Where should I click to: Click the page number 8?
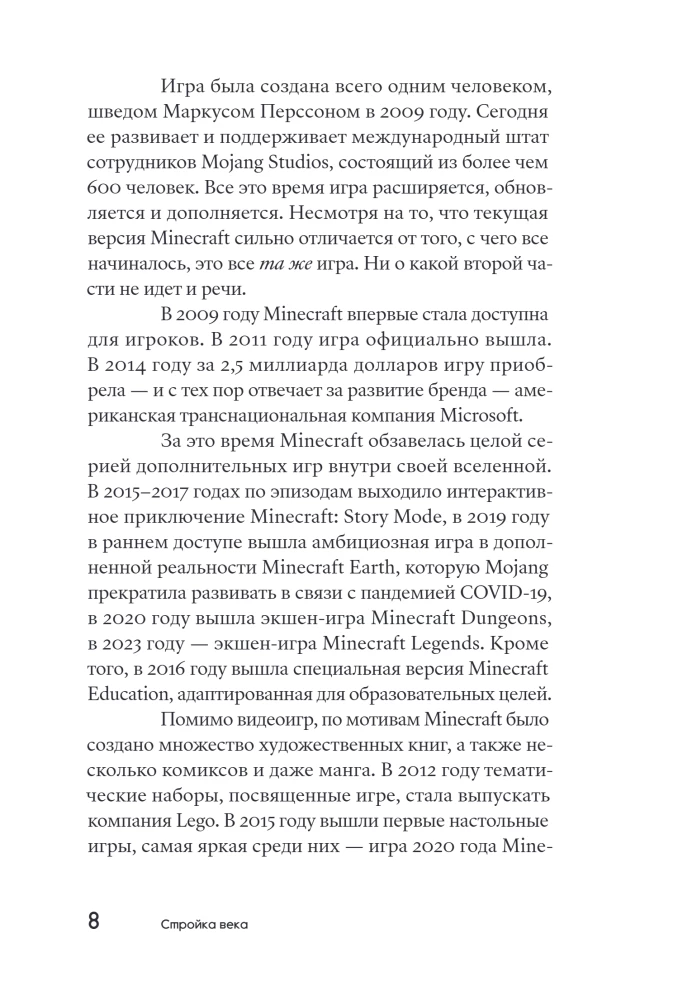(x=93, y=921)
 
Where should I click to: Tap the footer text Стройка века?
(x=204, y=924)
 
